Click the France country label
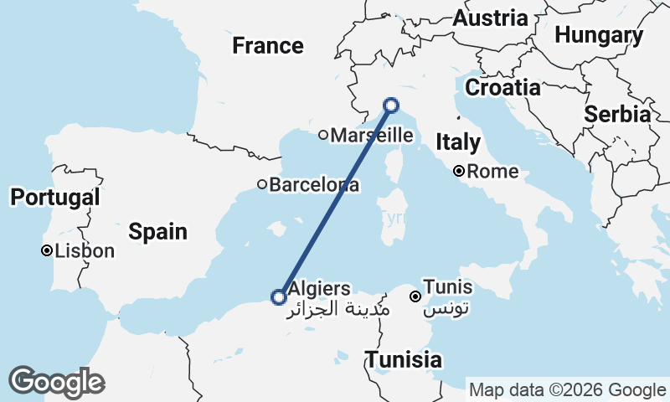267,45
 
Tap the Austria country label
490,18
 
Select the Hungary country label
599,35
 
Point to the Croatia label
502,87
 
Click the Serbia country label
618,114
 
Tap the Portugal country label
55,198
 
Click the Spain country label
158,231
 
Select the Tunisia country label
403,359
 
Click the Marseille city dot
323,135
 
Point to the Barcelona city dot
262,184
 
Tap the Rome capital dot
459,172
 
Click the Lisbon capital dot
48,250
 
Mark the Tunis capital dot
415,296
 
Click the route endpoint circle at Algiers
279,296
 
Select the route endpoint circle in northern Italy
391,106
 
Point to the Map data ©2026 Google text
567,389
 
